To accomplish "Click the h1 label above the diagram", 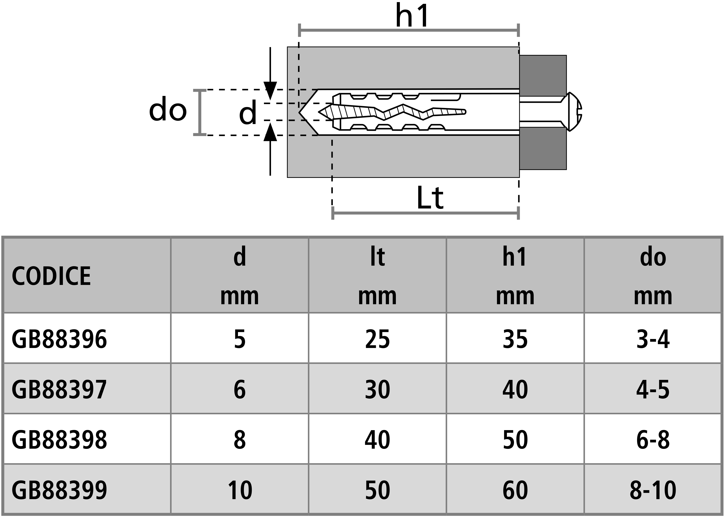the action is click(x=412, y=16).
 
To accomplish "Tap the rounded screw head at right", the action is click(x=574, y=112).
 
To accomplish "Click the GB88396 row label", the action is click(x=59, y=339).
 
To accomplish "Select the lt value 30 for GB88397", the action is click(x=378, y=390).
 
